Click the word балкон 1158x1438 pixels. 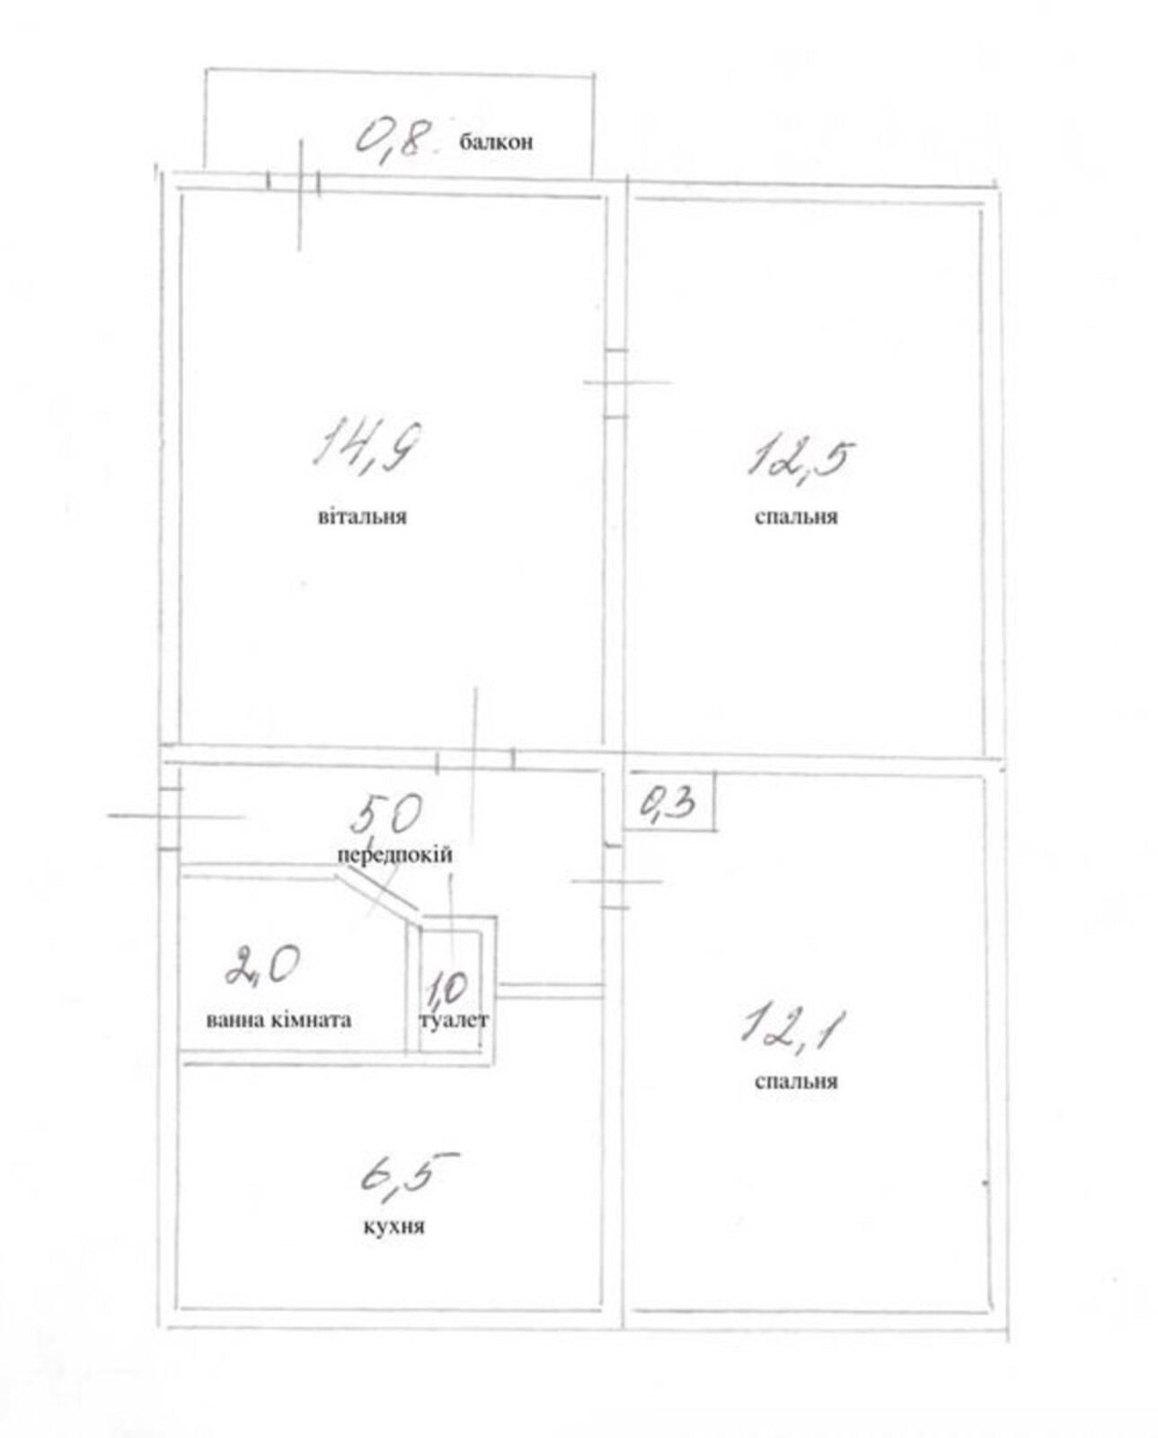[x=496, y=142]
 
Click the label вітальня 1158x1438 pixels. [x=362, y=517]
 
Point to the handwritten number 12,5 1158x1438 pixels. [x=800, y=458]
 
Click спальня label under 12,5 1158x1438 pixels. [x=796, y=517]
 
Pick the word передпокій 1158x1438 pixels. [x=395, y=855]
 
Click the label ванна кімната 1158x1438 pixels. [x=278, y=1021]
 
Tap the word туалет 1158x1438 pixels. [x=454, y=1021]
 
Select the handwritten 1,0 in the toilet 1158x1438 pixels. [x=446, y=989]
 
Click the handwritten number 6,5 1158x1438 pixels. [x=409, y=1173]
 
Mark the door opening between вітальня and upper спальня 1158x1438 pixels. [x=615, y=384]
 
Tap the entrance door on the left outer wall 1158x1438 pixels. [x=170, y=818]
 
